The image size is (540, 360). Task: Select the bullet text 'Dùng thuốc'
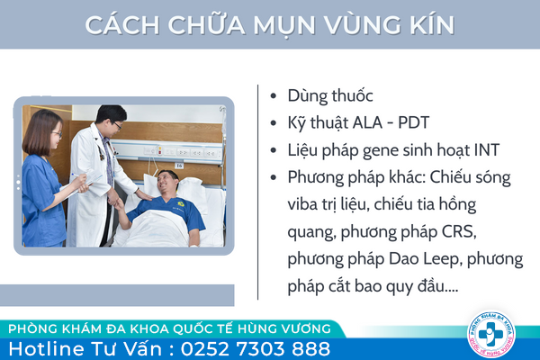tap(330, 95)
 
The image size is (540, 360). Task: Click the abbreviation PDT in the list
tap(413, 122)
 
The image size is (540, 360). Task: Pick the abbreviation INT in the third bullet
tap(487, 150)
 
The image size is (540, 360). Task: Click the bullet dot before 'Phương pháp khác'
tap(274, 177)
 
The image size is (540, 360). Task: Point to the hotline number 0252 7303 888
tap(256, 348)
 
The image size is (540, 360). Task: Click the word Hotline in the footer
tap(47, 348)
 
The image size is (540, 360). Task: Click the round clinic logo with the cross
tap(491, 335)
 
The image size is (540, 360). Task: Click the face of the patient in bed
tap(166, 183)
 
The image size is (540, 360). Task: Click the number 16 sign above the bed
tap(179, 166)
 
